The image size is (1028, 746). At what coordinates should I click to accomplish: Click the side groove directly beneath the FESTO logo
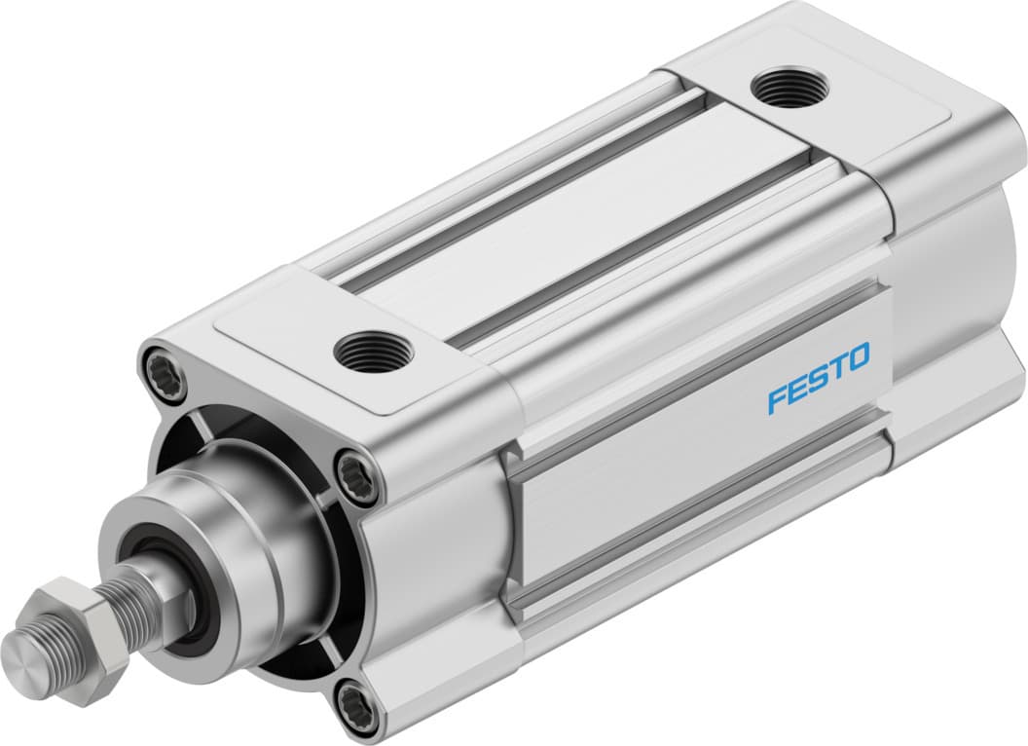coord(701,487)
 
